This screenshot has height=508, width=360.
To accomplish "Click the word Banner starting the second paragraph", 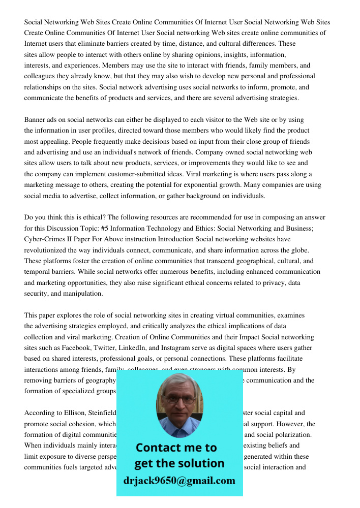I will [36, 120].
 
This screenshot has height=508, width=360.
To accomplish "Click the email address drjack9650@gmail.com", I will [179, 481].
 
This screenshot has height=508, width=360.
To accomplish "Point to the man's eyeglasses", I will [179, 398].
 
